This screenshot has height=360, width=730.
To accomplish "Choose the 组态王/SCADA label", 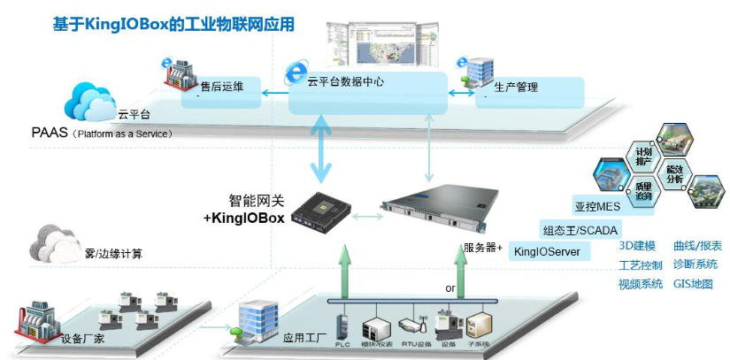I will [x=580, y=231].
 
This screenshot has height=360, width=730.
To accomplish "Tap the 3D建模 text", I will [x=637, y=246].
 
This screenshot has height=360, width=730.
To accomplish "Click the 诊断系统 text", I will [x=695, y=265].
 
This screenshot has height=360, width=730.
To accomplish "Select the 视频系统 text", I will [x=641, y=285].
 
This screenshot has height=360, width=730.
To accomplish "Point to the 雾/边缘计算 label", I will [x=111, y=254].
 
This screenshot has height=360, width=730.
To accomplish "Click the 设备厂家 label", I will [x=86, y=338].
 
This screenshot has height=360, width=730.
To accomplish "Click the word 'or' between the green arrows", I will [x=450, y=288].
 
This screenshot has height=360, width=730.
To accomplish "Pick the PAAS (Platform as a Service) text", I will [x=96, y=134].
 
